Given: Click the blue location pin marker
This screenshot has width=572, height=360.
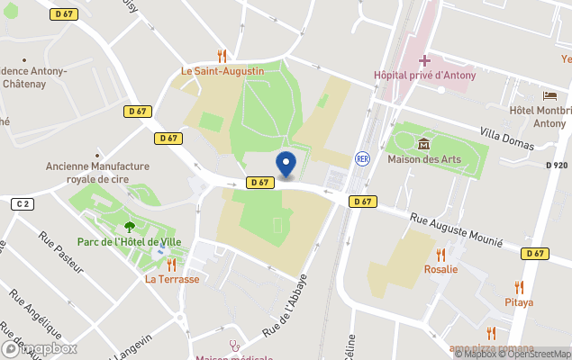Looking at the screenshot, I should point(286,165).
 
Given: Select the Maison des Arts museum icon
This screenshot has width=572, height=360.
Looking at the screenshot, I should point(424,144).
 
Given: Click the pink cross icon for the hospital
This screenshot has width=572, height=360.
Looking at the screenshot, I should point(424,59).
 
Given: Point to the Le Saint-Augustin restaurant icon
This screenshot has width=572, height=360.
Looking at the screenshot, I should point(222,55).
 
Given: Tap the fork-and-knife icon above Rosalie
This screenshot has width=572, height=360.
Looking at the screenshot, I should point(440,254).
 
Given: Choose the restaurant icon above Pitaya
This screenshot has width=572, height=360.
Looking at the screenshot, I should point(518,286).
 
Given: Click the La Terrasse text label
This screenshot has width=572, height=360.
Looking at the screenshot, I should point(171,279).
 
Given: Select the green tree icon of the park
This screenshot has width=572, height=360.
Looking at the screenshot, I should point(130,226).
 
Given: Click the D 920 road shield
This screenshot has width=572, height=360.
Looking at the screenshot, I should point(557,166).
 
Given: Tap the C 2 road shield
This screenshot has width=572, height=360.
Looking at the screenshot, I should point(22,204).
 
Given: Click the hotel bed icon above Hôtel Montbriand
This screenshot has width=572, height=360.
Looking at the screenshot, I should point(549,95).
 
